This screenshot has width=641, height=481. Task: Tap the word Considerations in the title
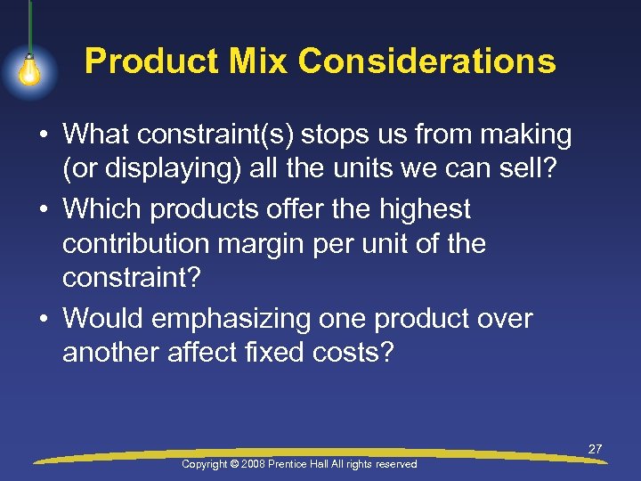pyautogui.click(x=427, y=61)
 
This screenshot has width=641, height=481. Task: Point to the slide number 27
pyautogui.click(x=595, y=449)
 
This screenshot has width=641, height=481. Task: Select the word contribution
pyautogui.click(x=137, y=244)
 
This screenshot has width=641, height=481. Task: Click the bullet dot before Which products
pyautogui.click(x=44, y=209)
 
